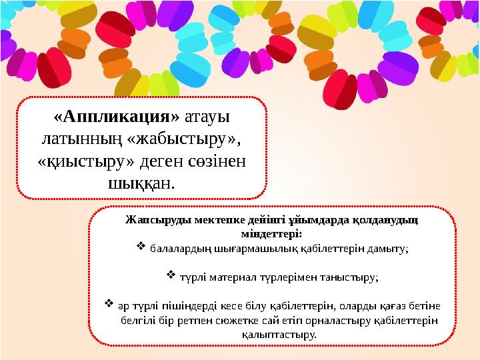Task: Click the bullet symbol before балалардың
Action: [x=140, y=248]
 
